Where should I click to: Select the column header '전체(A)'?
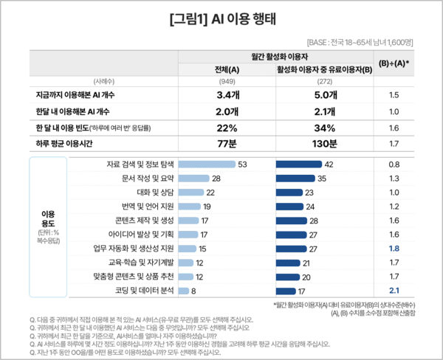click(x=227, y=70)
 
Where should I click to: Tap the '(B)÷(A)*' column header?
click(x=394, y=63)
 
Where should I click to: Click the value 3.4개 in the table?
click(x=227, y=95)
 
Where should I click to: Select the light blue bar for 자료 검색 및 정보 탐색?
click(x=207, y=164)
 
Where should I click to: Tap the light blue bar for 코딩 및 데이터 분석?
click(x=183, y=291)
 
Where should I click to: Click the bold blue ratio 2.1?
click(x=394, y=291)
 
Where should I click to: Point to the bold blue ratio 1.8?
click(x=394, y=249)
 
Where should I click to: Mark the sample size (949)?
click(x=227, y=82)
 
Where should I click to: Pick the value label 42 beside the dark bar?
click(x=330, y=164)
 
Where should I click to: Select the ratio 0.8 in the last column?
click(x=394, y=164)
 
